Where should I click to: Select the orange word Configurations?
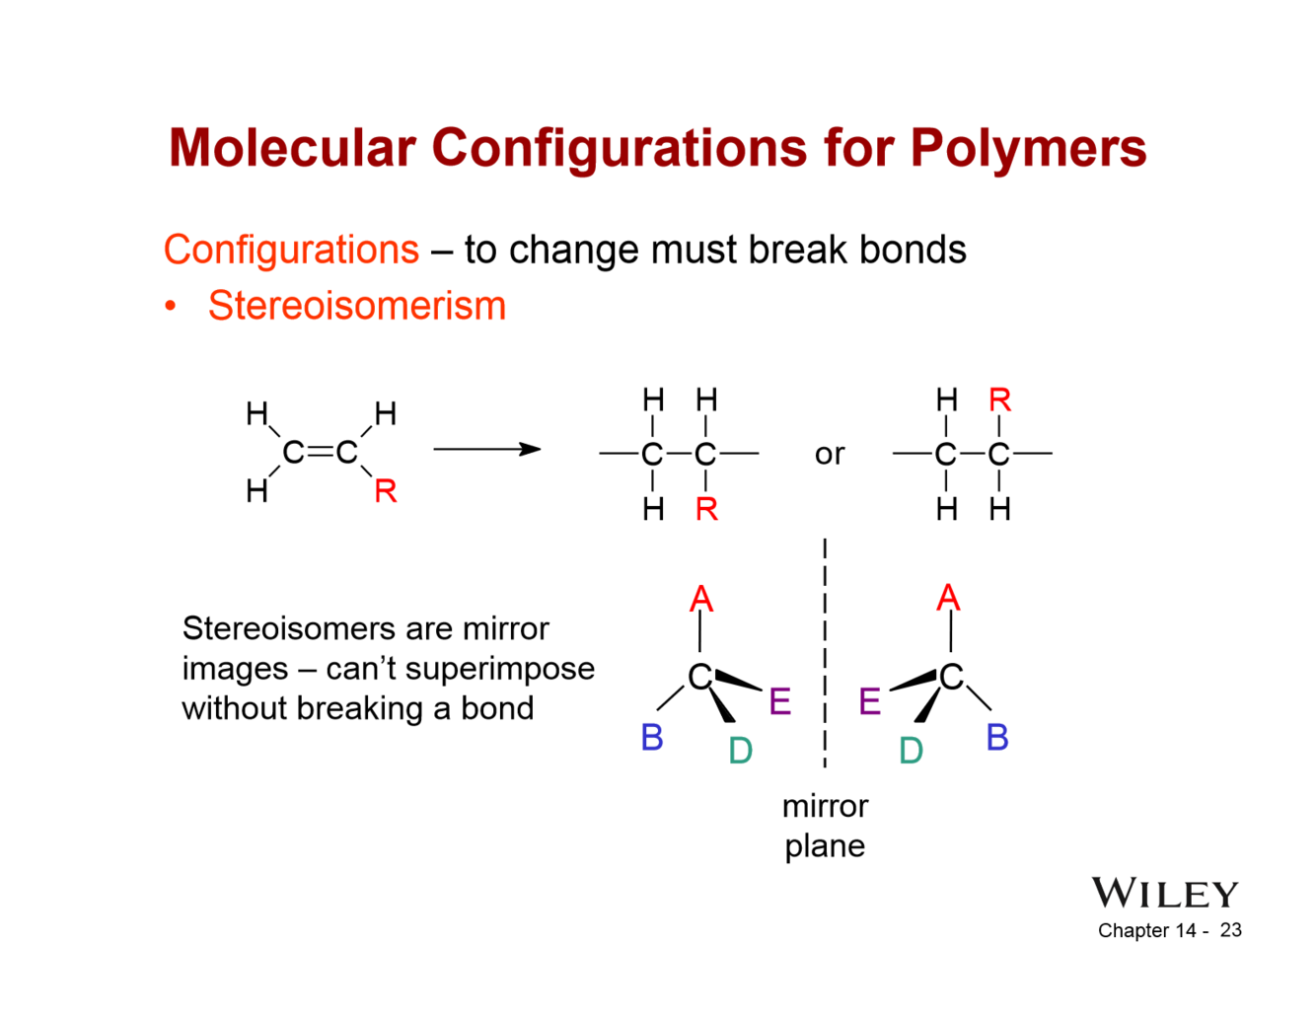[291, 250]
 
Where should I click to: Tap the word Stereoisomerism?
[356, 306]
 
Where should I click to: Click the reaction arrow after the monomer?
[487, 450]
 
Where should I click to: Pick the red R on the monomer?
[385, 490]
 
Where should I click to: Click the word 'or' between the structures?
[829, 454]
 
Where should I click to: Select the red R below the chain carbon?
[706, 509]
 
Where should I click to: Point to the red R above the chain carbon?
[999, 400]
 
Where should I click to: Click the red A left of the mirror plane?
[700, 599]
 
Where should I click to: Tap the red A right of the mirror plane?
[948, 597]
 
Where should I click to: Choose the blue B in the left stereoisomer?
[651, 737]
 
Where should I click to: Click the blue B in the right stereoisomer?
[996, 737]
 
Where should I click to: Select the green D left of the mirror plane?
[740, 751]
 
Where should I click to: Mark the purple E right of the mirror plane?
[869, 701]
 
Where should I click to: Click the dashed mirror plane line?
[825, 651]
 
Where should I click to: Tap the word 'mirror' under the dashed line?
[825, 806]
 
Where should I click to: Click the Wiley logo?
[1164, 893]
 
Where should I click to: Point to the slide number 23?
[1230, 930]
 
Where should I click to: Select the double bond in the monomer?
[320, 453]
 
